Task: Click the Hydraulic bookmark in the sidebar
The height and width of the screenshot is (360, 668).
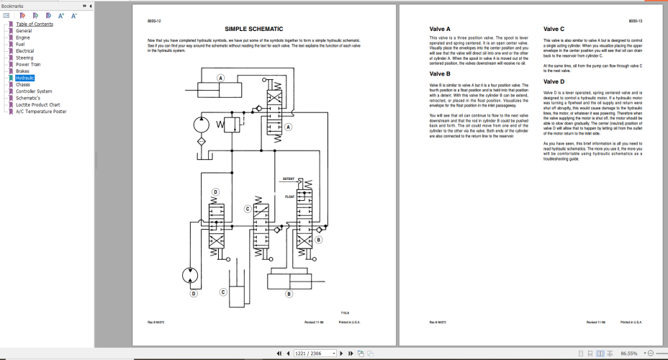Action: coord(25,78)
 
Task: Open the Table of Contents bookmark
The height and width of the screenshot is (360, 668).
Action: coord(35,24)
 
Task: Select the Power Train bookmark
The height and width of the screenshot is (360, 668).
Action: coord(28,64)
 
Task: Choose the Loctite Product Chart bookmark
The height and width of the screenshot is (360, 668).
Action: coord(38,104)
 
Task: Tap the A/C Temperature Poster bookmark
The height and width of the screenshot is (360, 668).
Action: coord(41,112)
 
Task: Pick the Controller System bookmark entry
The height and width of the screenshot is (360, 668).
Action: coord(34,91)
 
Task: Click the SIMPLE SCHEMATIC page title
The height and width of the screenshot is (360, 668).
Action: coord(253,29)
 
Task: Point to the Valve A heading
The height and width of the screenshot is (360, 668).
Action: coord(440,29)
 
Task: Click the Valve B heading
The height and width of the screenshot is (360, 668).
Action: coord(440,73)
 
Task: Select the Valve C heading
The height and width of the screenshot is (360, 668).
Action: coord(554,29)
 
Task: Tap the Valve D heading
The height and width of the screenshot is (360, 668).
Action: coord(554,82)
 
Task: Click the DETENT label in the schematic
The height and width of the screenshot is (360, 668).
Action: coord(289,179)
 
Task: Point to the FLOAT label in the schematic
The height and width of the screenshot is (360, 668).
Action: coord(290,196)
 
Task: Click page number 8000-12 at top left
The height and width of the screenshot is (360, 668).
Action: coord(153,22)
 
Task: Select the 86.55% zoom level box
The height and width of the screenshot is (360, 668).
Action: coord(630,354)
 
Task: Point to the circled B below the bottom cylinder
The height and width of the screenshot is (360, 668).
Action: coord(289,294)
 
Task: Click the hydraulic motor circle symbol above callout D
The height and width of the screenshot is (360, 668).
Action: coord(189,276)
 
